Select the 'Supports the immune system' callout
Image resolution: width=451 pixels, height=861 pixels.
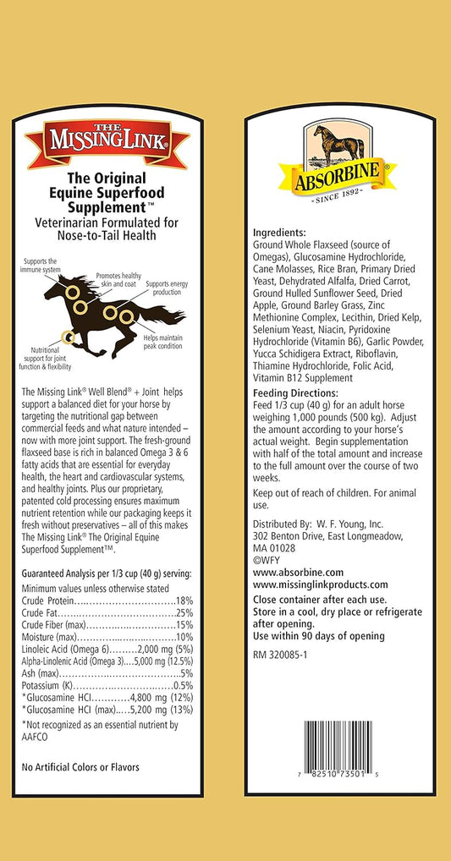tap(40, 266)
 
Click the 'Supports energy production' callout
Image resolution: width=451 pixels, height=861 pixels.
tap(168, 287)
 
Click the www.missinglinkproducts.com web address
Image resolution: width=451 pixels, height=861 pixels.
tap(320, 584)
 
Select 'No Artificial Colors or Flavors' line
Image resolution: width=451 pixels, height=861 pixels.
tap(80, 766)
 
